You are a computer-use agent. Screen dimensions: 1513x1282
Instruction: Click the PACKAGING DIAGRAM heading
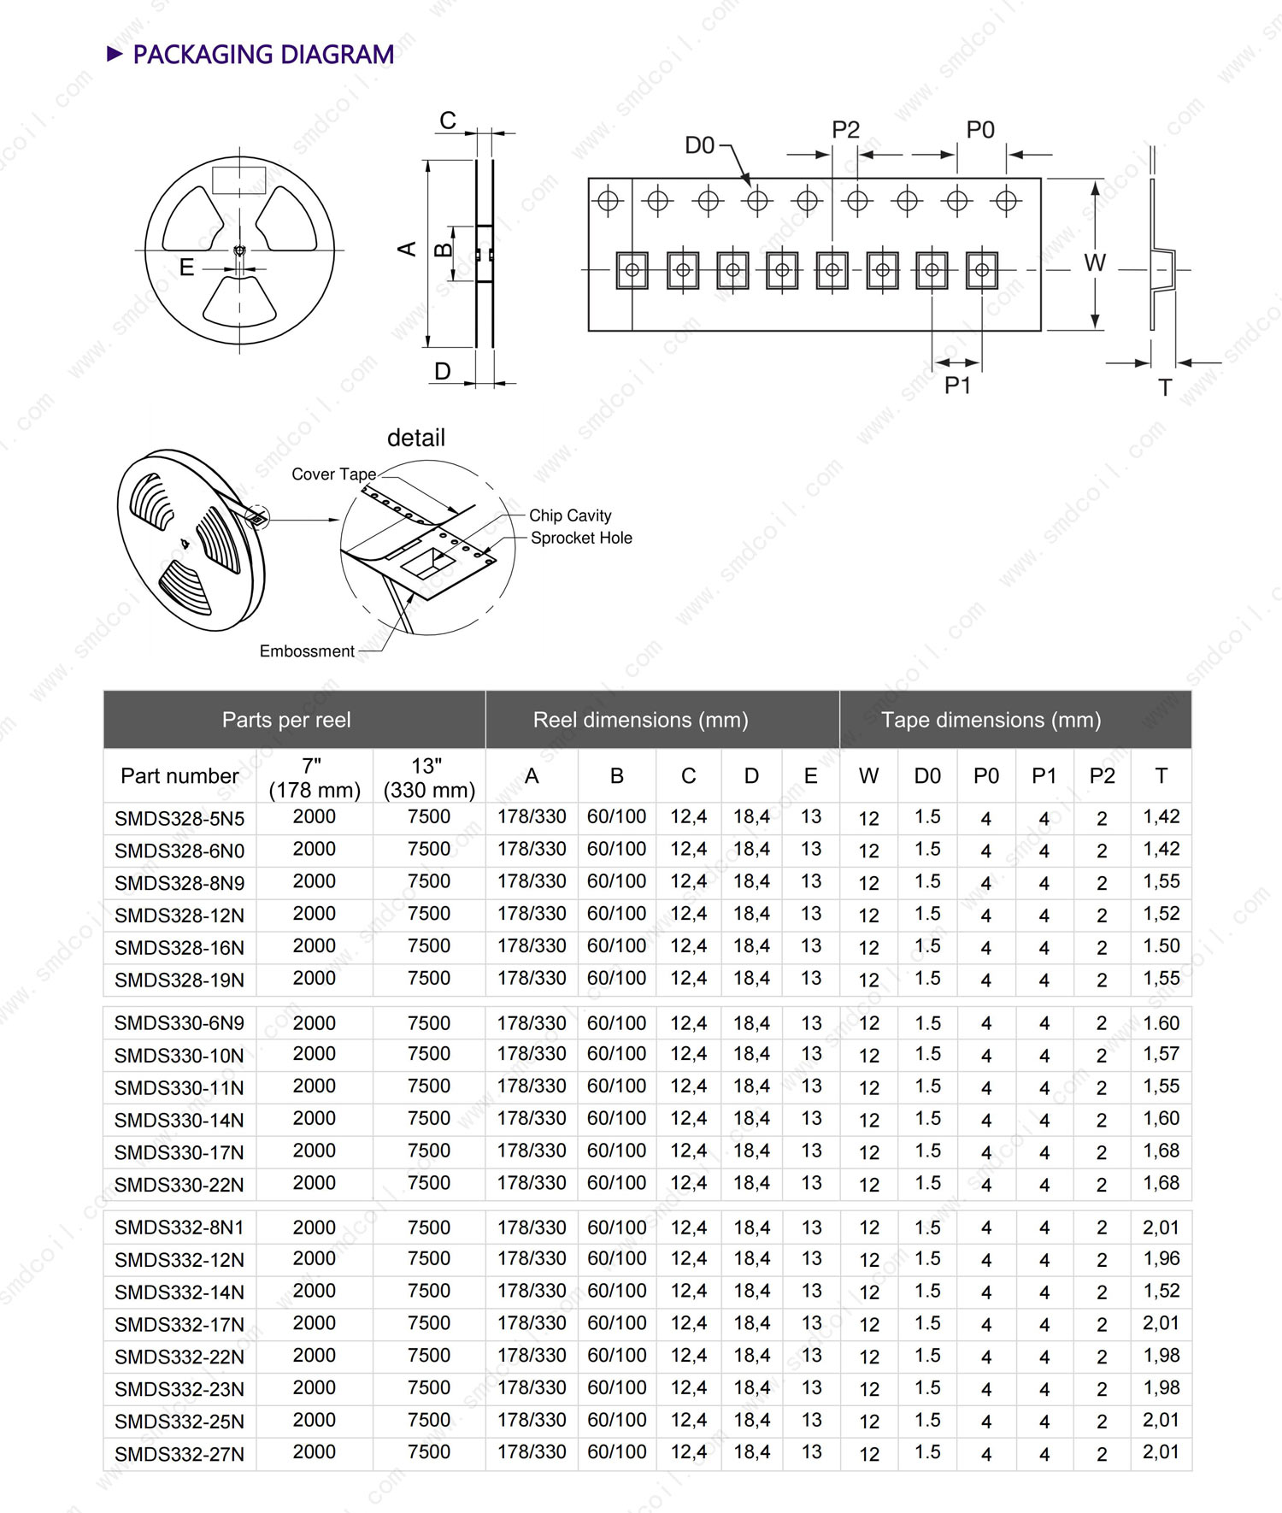pos(262,55)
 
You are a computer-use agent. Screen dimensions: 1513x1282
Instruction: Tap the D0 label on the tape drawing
pos(699,145)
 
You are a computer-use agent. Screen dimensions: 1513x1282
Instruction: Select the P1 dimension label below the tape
pos(957,386)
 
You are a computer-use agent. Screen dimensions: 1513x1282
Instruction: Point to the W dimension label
pos(1095,262)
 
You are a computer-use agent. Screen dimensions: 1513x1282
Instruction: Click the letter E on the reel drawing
pos(186,268)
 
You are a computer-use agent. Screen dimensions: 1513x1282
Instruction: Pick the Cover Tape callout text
pos(333,474)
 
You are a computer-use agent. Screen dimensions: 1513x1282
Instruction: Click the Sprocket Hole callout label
pos(581,538)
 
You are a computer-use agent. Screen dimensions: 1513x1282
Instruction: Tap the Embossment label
pos(307,651)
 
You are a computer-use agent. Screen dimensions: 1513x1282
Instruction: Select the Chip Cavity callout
pos(570,515)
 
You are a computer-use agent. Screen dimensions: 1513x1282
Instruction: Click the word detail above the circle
pos(416,438)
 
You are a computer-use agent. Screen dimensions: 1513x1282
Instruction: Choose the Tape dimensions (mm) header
pos(991,720)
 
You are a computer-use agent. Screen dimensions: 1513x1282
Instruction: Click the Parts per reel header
pos(286,720)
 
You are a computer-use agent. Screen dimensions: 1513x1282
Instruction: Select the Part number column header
pos(179,776)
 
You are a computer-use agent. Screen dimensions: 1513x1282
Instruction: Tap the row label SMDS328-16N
pos(179,948)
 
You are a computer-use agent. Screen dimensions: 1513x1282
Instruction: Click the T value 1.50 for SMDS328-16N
pos(1161,946)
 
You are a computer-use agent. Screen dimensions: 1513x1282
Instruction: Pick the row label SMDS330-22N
pos(179,1185)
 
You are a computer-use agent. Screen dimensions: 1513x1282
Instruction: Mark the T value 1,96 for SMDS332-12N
pos(1161,1258)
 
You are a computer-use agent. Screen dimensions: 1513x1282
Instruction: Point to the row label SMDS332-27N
pos(179,1454)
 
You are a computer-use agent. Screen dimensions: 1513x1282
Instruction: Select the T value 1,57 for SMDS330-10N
pos(1161,1054)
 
